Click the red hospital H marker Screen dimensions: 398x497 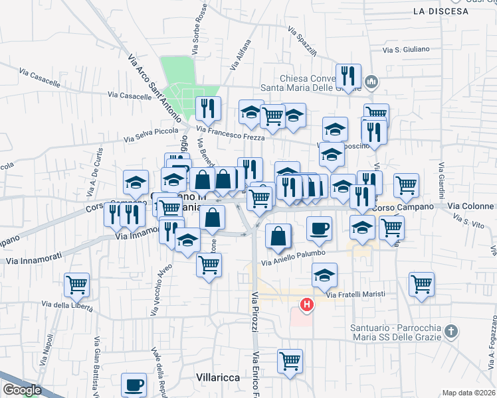coord(307,305)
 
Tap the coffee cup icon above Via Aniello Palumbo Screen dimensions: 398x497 coord(319,228)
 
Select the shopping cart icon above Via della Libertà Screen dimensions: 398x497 coord(77,285)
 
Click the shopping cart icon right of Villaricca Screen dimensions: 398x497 coord(290,361)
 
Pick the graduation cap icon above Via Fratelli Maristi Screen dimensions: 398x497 coord(324,274)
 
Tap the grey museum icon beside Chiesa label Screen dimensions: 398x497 coord(371,82)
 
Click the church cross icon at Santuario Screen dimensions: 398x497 coord(450,331)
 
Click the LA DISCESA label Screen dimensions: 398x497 coord(437,11)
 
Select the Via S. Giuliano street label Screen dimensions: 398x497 coord(407,50)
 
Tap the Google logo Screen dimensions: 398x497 coord(21,390)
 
